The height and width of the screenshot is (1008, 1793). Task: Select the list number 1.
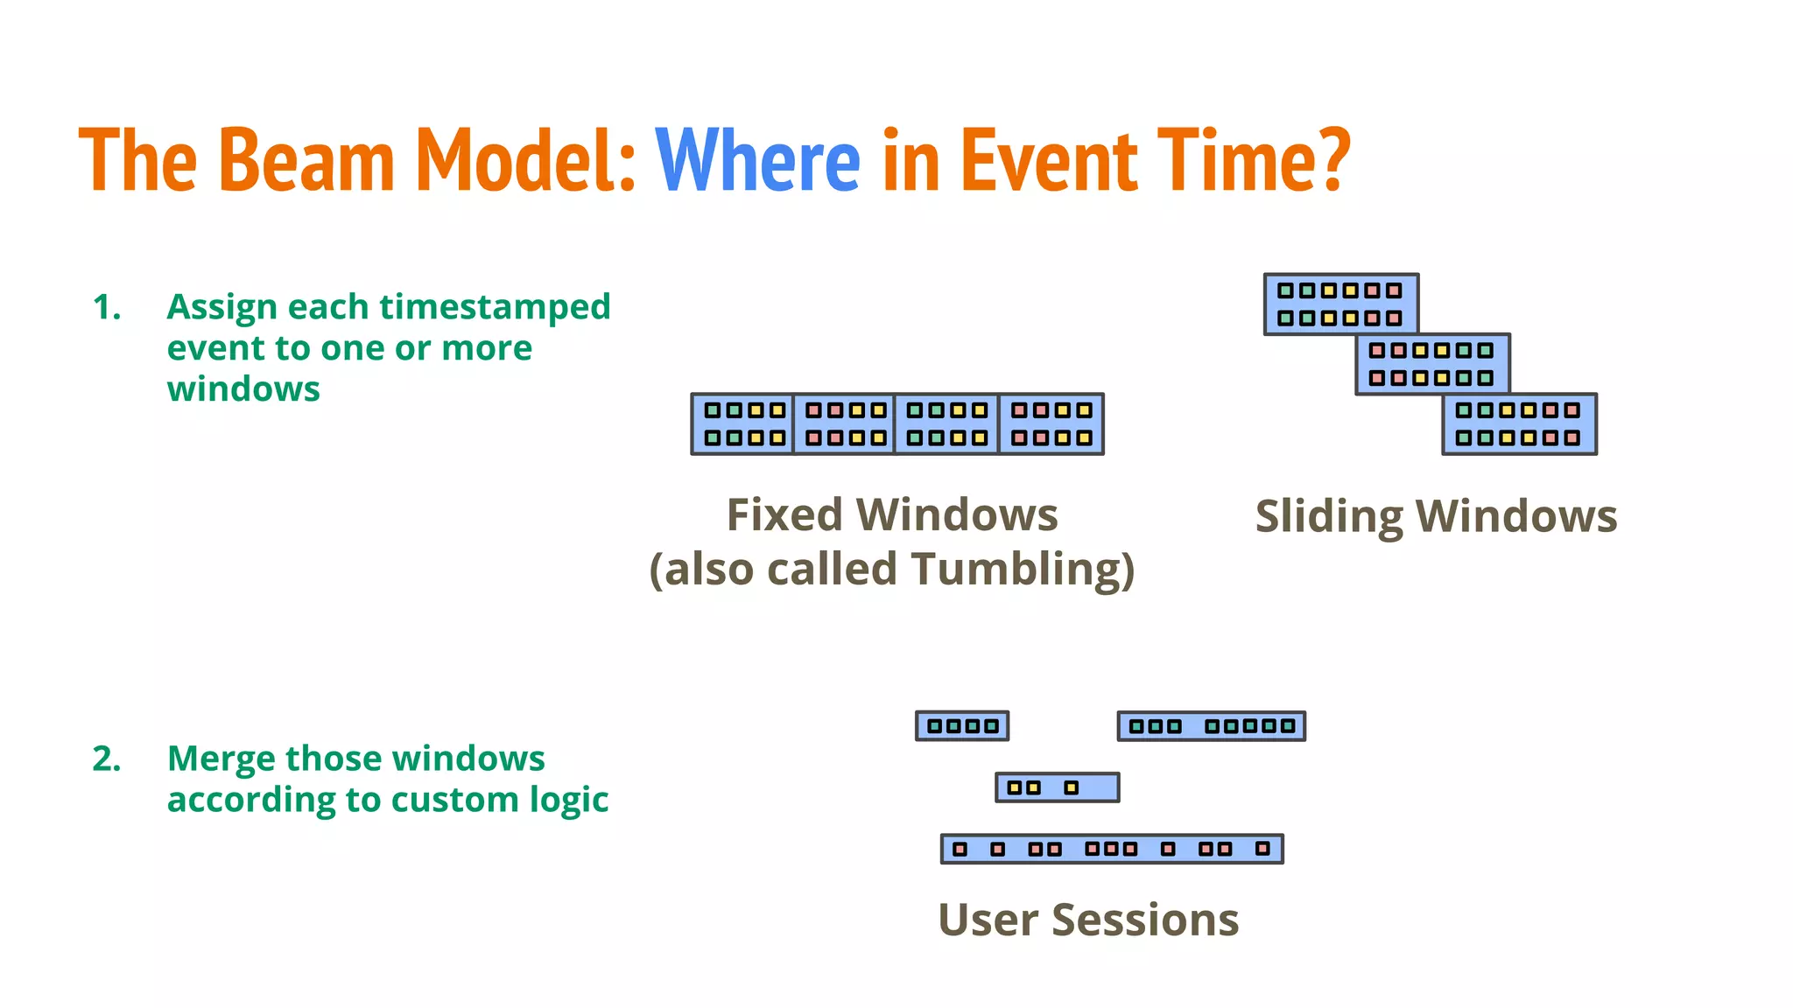[107, 307]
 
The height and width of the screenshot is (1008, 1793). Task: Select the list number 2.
[107, 759]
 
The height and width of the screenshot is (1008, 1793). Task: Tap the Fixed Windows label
[892, 514]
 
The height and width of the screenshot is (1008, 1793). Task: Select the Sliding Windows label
[1436, 516]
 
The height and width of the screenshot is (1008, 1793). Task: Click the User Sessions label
[1088, 920]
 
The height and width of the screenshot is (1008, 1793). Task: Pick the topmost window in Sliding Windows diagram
[1340, 303]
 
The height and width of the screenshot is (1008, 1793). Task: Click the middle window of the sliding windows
[1432, 364]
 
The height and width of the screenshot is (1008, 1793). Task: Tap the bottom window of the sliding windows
[1519, 424]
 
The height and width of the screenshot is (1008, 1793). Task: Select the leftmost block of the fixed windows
[742, 424]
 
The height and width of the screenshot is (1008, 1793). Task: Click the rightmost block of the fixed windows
[1051, 424]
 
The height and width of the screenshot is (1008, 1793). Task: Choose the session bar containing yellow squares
[1057, 787]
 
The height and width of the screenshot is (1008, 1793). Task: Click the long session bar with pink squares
[1112, 849]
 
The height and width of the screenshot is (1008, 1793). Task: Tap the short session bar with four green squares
[962, 725]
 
